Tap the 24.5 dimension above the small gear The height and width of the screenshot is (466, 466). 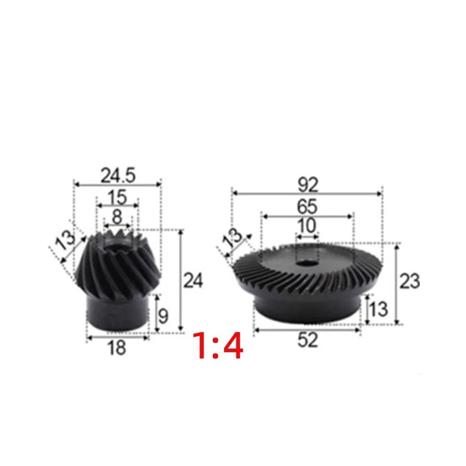pos(118,176)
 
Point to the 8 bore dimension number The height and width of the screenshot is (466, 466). pos(117,217)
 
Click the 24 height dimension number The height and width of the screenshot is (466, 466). pos(193,281)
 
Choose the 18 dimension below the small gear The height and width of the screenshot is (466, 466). pos(117,347)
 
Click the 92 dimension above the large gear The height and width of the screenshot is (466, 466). pos(308,185)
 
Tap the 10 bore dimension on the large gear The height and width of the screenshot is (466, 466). pos(307,226)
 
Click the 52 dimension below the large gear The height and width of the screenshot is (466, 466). pos(308,340)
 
